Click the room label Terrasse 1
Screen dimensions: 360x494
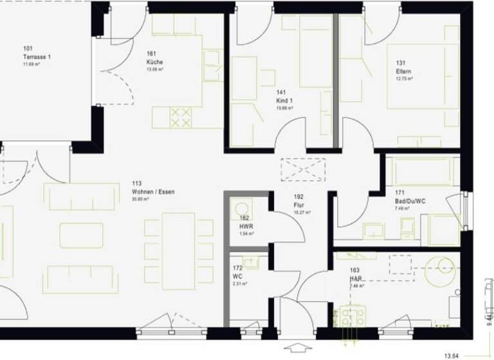(x=37, y=57)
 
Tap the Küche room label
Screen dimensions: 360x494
(x=155, y=62)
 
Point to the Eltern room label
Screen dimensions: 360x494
(x=403, y=71)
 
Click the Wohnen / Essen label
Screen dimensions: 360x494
(x=153, y=192)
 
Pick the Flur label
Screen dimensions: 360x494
(x=298, y=204)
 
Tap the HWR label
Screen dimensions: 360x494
(x=245, y=227)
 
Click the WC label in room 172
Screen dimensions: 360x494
(x=237, y=276)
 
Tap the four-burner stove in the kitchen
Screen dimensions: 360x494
(x=181, y=116)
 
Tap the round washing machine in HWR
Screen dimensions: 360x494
(x=242, y=209)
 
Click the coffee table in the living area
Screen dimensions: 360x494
(x=82, y=235)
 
